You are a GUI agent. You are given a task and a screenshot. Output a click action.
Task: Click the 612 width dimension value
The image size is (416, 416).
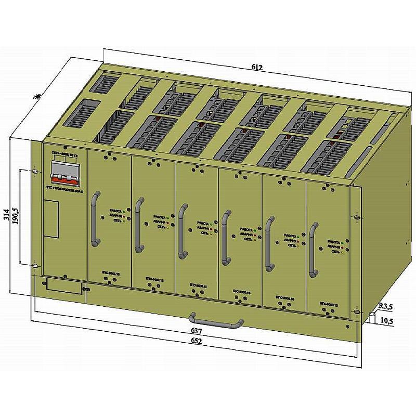click(257, 67)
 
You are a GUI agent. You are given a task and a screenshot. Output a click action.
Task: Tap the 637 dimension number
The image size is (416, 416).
click(196, 331)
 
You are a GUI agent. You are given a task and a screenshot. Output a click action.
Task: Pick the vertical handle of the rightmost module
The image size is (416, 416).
click(313, 251)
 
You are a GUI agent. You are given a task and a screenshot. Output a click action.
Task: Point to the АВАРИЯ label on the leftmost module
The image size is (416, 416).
click(115, 215)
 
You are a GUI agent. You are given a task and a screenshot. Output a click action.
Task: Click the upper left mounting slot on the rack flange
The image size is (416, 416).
click(35, 171)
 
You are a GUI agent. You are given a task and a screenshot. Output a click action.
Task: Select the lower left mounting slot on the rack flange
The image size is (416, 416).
click(35, 266)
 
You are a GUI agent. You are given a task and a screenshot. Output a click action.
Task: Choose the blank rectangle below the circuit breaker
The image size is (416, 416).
click(51, 218)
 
